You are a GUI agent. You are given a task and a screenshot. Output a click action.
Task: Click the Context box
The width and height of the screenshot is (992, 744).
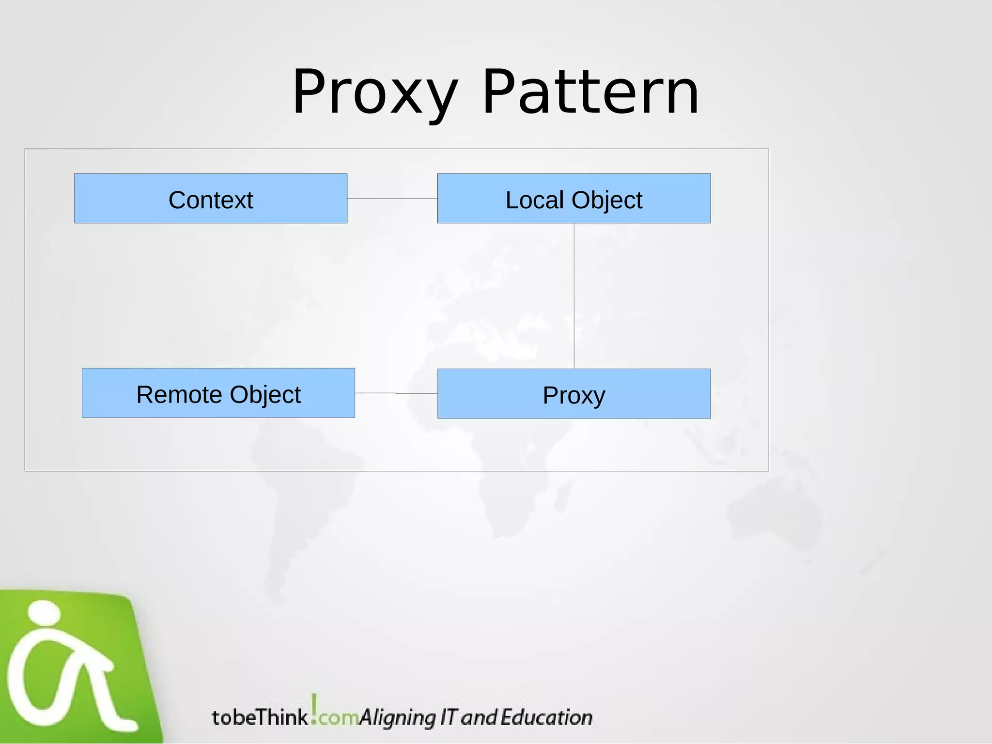tap(211, 199)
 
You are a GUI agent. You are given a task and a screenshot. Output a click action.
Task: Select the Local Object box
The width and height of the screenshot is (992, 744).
tap(573, 199)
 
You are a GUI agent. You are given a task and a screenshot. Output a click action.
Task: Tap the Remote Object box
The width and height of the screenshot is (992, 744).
tap(218, 393)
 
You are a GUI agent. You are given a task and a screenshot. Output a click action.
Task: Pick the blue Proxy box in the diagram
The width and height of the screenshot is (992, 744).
tap(573, 394)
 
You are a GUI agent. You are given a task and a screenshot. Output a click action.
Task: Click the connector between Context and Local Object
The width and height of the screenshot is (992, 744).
tap(392, 199)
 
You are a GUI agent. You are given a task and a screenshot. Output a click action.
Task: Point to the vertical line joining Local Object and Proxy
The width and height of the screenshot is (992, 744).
tap(574, 295)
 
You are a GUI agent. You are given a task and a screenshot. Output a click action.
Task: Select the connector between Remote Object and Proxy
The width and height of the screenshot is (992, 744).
tap(396, 393)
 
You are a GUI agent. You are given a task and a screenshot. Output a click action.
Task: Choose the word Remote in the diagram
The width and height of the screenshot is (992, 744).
tap(180, 395)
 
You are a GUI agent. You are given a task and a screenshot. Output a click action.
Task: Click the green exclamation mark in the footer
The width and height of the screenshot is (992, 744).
tap(314, 709)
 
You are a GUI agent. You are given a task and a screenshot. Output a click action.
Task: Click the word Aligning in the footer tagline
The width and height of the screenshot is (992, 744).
tap(397, 718)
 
